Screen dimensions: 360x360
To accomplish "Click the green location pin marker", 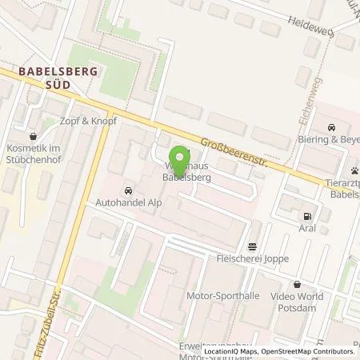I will tap(181, 157).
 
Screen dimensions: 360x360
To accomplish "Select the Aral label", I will tap(305, 230).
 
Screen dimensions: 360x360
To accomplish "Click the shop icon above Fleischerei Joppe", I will tap(253, 246).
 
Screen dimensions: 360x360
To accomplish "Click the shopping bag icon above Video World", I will tap(298, 284).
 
